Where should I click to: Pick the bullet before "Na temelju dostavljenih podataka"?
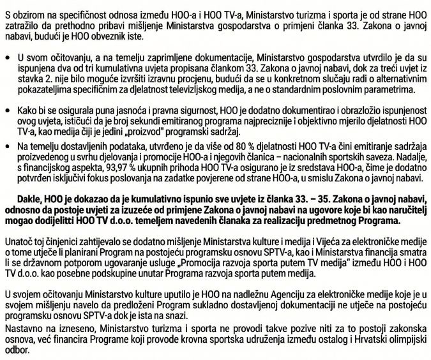[x=6, y=147]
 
